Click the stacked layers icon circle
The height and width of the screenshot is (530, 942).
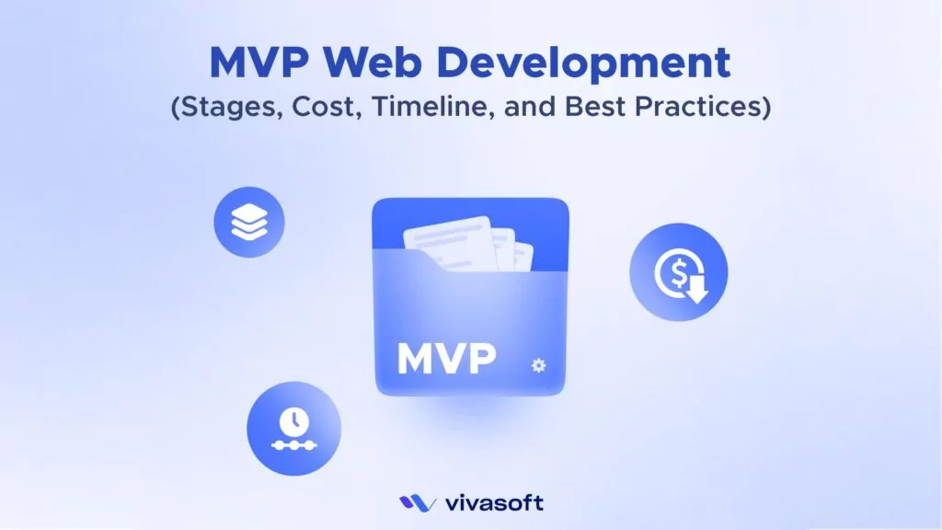pyautogui.click(x=249, y=222)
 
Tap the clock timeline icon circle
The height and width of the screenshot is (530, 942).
pyautogui.click(x=293, y=429)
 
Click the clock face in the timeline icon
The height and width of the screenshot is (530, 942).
pyautogui.click(x=293, y=420)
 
